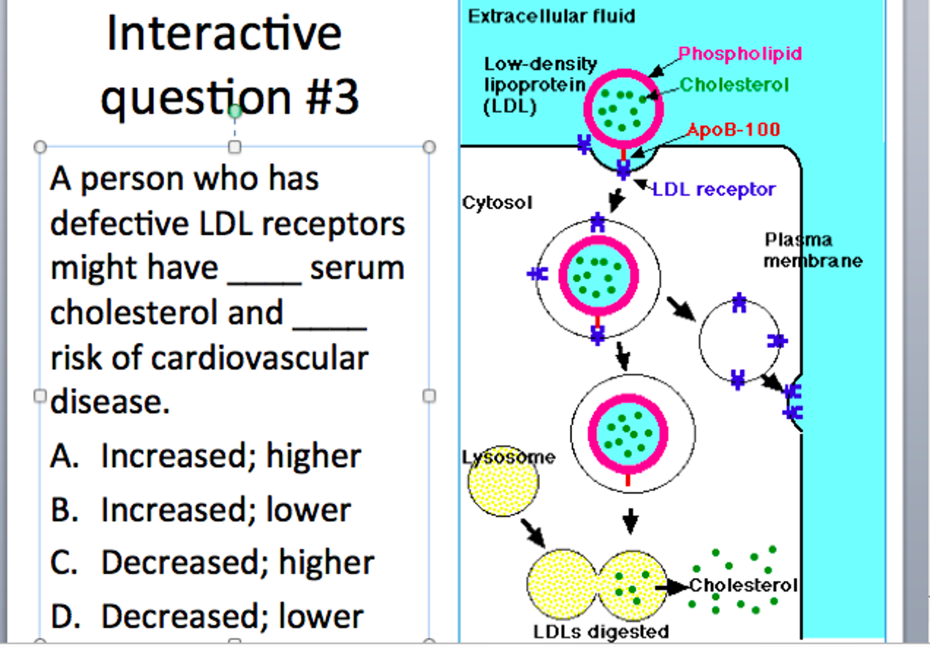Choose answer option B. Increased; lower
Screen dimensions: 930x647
pos(200,509)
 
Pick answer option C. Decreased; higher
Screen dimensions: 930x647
pos(212,563)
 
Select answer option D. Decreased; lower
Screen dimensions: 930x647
pos(207,616)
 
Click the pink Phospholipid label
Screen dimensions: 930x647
pos(740,54)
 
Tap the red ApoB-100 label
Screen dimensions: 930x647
pos(734,130)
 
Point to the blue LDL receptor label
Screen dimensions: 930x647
pos(714,189)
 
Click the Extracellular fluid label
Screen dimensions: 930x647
pos(551,16)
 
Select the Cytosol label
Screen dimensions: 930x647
pos(497,202)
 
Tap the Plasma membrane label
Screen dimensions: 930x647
pos(813,250)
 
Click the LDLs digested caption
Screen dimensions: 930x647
pos(601,632)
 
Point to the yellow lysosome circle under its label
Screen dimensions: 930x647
pos(503,481)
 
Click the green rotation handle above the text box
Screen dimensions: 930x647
pos(235,111)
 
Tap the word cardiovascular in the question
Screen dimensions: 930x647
pos(260,358)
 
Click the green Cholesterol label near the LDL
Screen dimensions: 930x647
pos(734,85)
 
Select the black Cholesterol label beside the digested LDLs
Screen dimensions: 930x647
pos(744,585)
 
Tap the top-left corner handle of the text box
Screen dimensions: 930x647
pos(40,147)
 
